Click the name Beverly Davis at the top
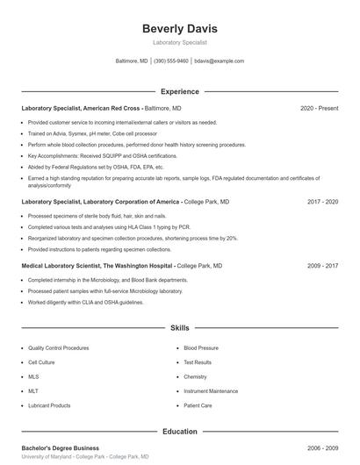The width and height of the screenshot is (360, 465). [180, 29]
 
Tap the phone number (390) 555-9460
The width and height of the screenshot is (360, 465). [171, 61]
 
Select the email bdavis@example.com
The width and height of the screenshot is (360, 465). [220, 61]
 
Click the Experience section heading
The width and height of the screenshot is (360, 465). [180, 91]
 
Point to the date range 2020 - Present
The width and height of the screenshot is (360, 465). [319, 108]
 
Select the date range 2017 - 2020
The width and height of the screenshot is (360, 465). [322, 201]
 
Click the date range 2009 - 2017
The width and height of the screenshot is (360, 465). [322, 265]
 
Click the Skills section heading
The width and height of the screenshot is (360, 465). [180, 328]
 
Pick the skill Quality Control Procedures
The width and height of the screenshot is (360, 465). [60, 348]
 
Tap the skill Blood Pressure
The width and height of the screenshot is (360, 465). [201, 348]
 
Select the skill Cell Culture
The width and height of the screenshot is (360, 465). [41, 362]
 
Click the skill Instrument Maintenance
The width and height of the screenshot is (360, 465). [211, 391]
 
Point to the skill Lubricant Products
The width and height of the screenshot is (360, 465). [49, 405]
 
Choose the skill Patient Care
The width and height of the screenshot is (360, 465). [198, 405]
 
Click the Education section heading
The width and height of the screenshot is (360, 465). [180, 432]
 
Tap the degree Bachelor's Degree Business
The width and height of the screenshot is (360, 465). [60, 448]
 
